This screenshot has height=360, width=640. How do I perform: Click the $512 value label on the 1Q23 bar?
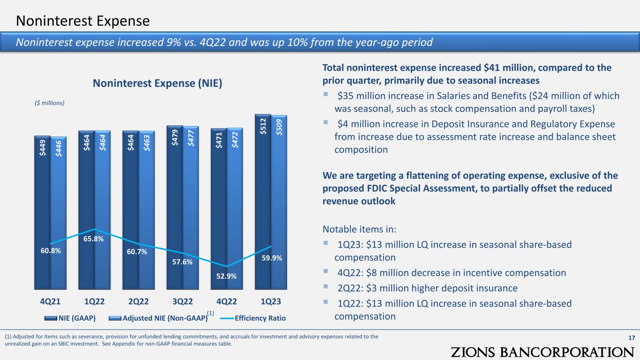263,126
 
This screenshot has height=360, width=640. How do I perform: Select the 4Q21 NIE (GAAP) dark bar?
42,212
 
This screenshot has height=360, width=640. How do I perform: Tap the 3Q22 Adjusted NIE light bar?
190,208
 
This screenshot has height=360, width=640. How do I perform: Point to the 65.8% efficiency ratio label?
93,239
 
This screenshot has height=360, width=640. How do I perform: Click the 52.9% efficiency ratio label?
226,276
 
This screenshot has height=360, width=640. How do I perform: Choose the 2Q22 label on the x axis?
139,301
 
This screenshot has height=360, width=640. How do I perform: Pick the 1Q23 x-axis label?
271,301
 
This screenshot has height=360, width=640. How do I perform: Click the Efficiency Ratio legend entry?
253,318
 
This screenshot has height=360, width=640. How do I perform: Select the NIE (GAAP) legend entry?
70,318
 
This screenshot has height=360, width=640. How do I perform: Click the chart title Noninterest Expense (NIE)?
158,83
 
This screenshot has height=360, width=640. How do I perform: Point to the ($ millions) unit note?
49,103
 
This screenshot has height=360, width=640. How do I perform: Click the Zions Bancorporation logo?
542,352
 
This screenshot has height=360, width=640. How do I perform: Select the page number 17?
632,337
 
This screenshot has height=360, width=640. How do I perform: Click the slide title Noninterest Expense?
83,21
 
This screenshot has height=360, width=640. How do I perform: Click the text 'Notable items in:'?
360,229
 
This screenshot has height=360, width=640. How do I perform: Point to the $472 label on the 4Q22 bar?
235,140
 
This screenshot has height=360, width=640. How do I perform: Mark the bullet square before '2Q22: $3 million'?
326,286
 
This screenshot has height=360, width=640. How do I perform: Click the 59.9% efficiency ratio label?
272,258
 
